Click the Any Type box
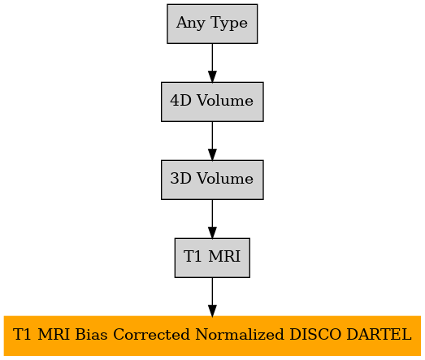point(212,24)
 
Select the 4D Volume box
point(212,102)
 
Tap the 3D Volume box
point(212,180)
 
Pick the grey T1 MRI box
point(212,258)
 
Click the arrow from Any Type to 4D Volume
point(212,63)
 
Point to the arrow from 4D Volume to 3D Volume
point(212,141)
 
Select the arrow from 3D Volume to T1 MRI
point(212,219)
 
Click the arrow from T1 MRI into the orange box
point(212,297)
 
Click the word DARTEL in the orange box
point(379,335)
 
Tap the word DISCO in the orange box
point(315,335)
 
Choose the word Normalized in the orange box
point(240,335)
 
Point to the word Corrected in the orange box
point(151,335)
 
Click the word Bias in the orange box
point(91,335)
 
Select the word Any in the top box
point(191,24)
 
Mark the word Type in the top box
point(229,24)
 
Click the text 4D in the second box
point(180,101)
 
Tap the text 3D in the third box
point(180,179)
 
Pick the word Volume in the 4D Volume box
point(225,101)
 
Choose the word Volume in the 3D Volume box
point(225,179)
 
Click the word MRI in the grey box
point(224,257)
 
